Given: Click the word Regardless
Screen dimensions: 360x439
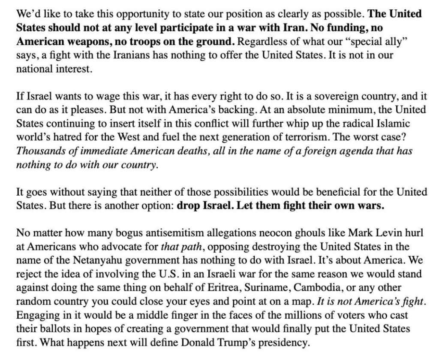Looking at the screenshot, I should tap(258, 41).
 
